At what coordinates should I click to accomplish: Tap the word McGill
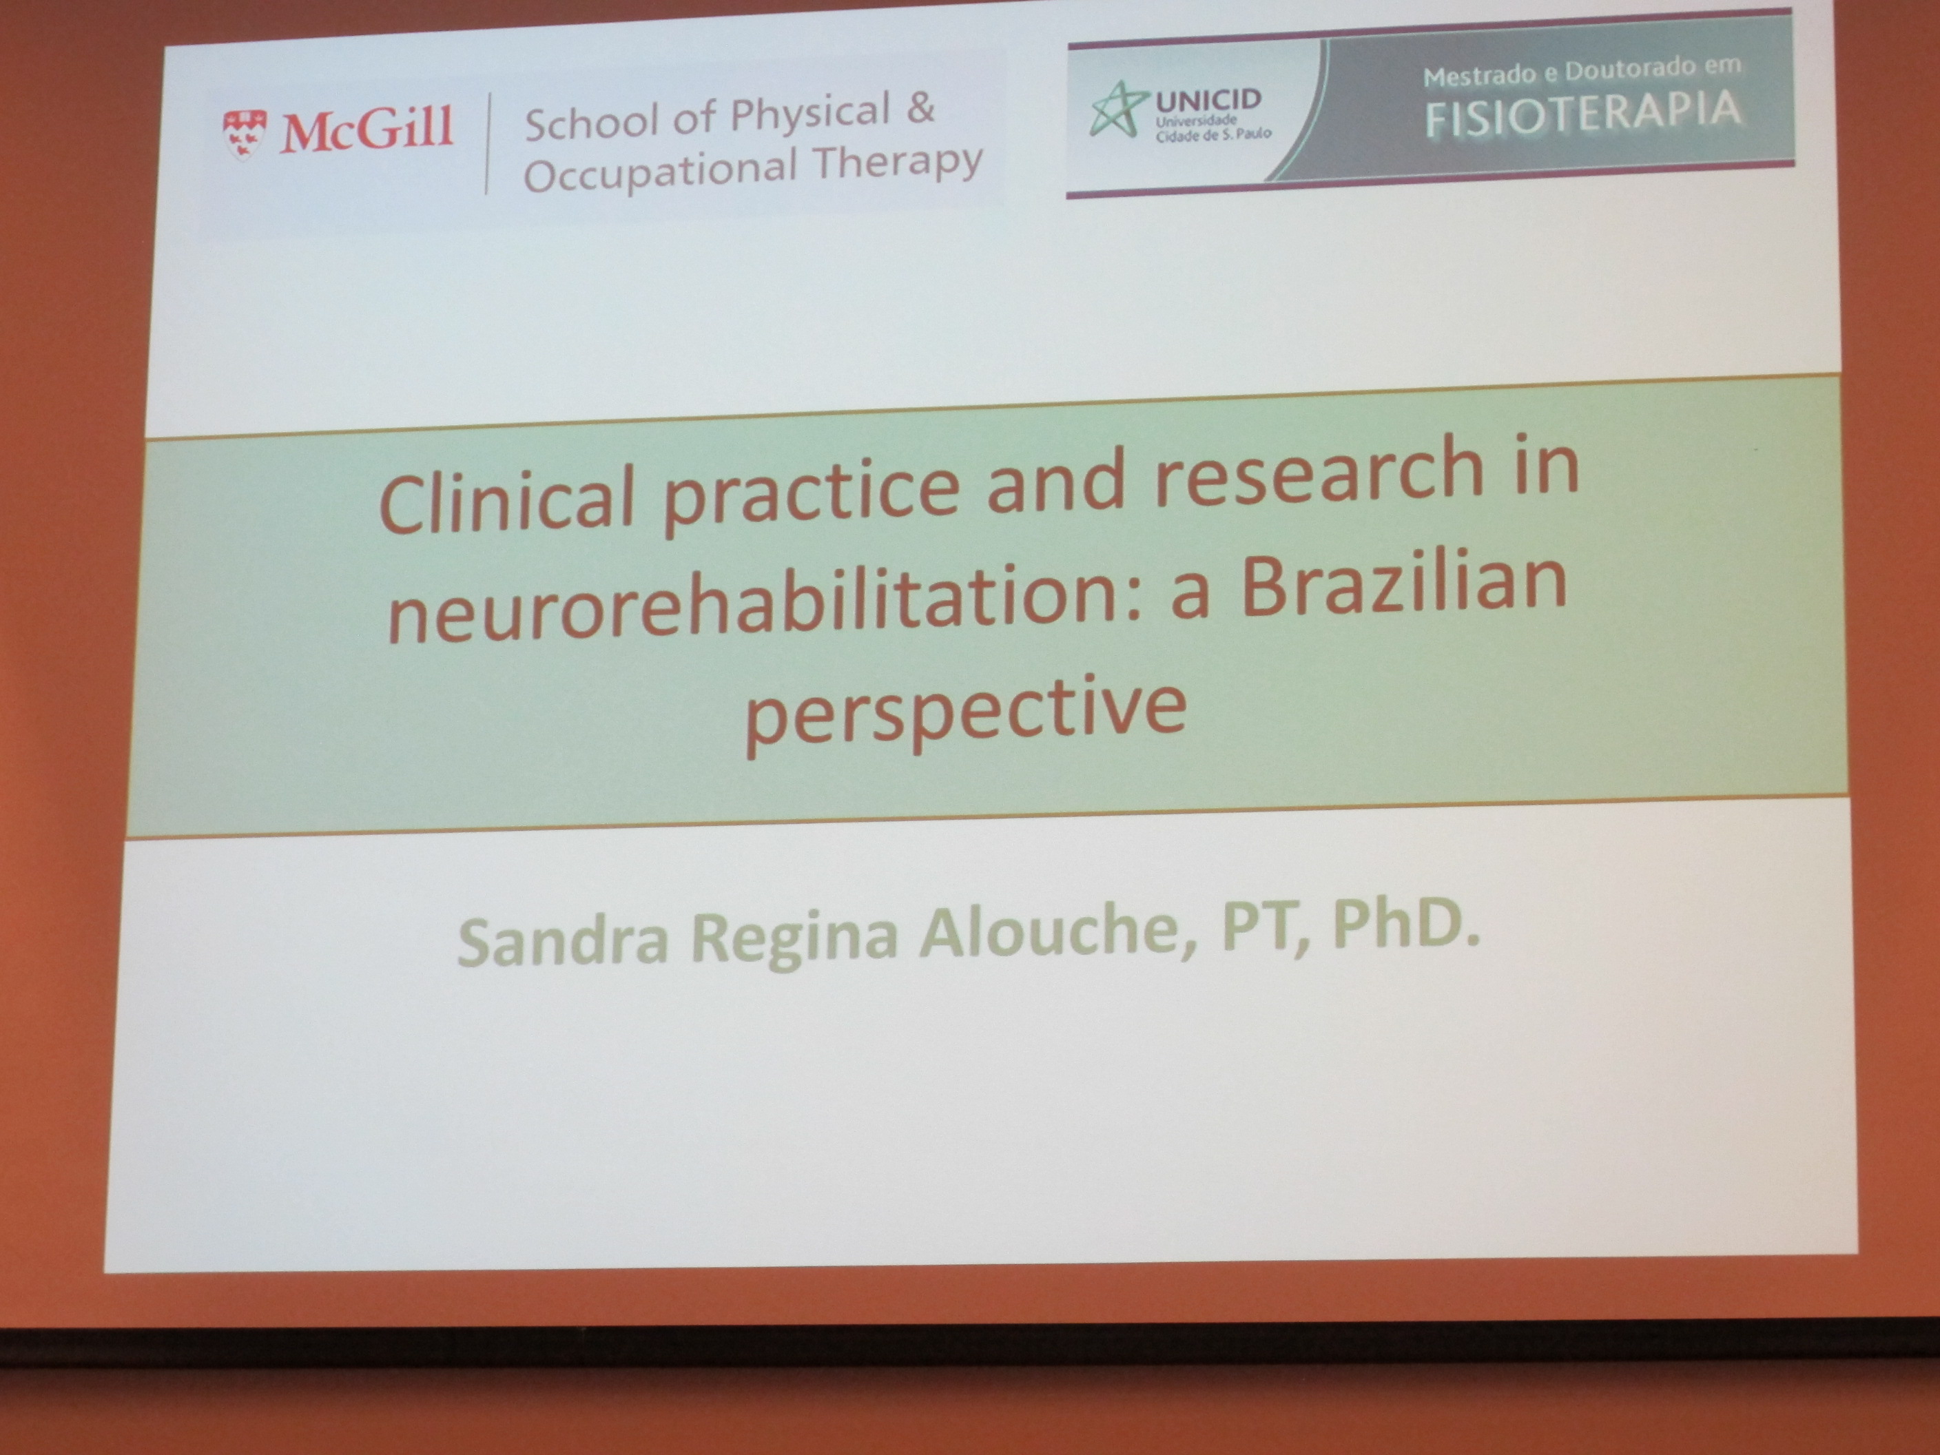367,130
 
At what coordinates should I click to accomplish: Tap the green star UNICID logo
1118,109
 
